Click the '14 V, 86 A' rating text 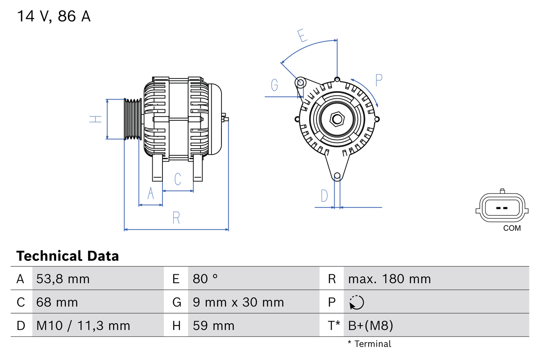tap(54, 16)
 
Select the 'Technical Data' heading tap(67, 256)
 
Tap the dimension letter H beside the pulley tap(97, 119)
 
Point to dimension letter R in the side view tap(176, 218)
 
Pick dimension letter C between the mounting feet tap(178, 179)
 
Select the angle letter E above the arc tap(302, 36)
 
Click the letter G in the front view tap(275, 85)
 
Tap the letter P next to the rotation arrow tap(378, 80)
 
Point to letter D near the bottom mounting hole tap(324, 196)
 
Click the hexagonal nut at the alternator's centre tap(337, 119)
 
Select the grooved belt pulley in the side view tap(133, 119)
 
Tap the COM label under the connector tap(512, 228)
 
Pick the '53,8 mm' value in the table tap(63, 279)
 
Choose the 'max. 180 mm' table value tap(389, 279)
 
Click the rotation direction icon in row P tap(356, 302)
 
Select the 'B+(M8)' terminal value tap(370, 325)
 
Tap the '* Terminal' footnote tap(369, 344)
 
